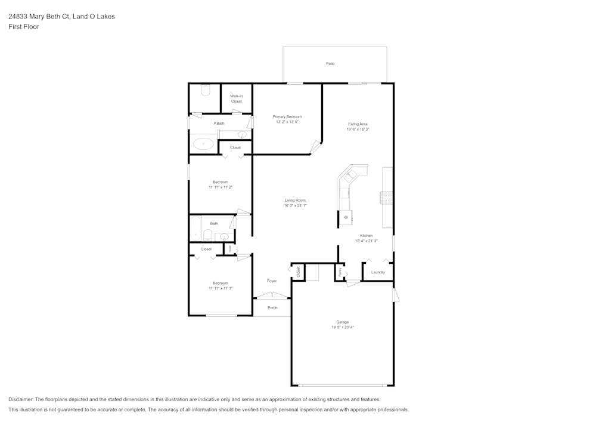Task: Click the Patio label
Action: tap(330, 63)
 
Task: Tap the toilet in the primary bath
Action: tap(206, 90)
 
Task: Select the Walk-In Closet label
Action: tap(237, 98)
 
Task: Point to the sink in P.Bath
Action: tap(243, 135)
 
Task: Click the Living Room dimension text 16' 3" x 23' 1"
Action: tap(295, 206)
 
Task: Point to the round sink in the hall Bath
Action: tap(225, 236)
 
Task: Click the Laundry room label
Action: tap(378, 272)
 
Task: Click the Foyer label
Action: tap(272, 281)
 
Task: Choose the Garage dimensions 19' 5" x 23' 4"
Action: tap(342, 327)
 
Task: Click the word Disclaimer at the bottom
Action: tap(21, 399)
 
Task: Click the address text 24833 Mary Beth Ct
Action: tap(38, 17)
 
